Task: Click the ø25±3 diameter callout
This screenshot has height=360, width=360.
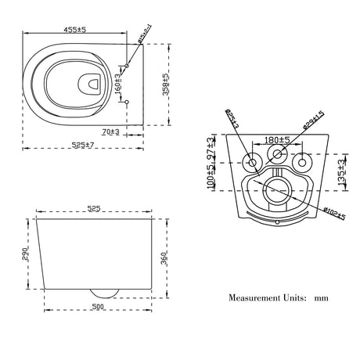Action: pyautogui.click(x=232, y=121)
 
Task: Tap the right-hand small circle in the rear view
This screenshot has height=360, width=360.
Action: pyautogui.click(x=304, y=162)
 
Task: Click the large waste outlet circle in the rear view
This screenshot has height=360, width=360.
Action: pyautogui.click(x=276, y=189)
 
